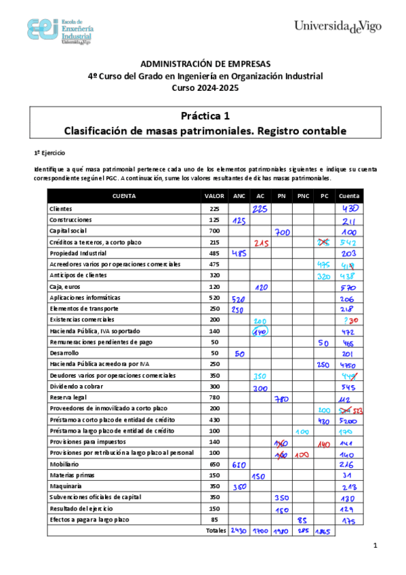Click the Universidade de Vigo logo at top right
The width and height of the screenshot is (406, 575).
point(338,26)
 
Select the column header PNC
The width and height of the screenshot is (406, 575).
point(302,196)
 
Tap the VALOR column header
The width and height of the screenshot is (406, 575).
point(214,196)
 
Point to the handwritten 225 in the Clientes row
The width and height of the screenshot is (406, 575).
point(260,209)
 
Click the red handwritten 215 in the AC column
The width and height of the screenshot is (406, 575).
point(261,242)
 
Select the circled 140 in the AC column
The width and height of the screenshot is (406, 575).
point(260,332)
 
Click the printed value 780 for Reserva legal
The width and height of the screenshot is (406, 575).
point(214,397)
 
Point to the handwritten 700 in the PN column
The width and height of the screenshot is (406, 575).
point(282,232)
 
